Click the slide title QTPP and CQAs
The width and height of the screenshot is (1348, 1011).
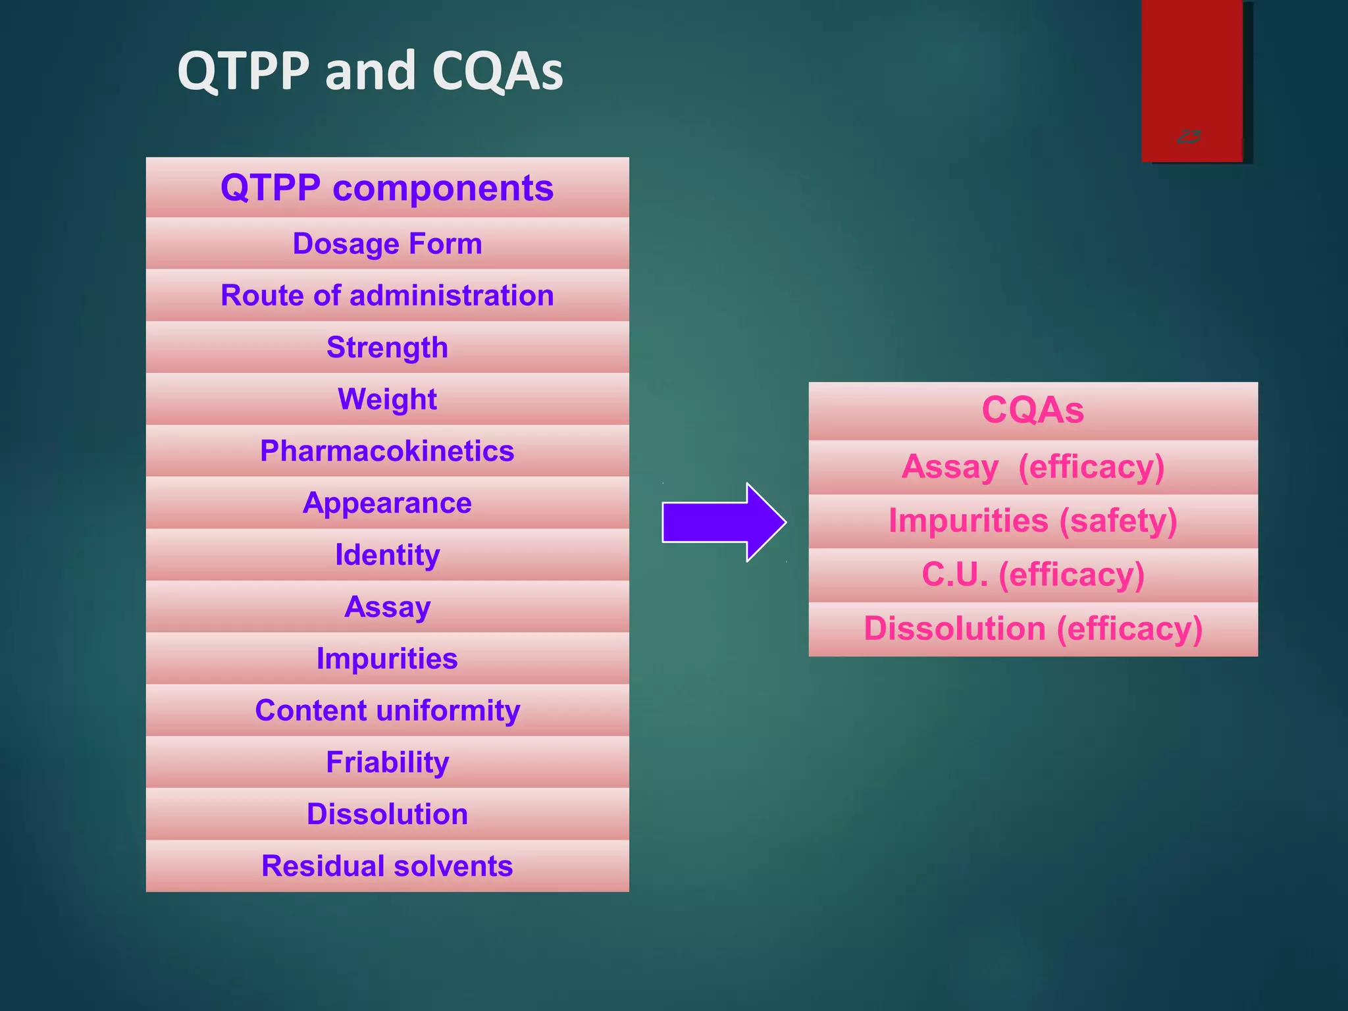(x=370, y=71)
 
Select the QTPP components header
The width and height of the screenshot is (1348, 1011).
(x=387, y=188)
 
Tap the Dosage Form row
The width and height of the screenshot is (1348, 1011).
(x=387, y=244)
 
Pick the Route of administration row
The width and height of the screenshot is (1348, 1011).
(x=387, y=296)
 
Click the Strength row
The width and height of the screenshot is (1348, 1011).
(x=387, y=348)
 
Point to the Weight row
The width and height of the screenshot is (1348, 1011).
(x=387, y=400)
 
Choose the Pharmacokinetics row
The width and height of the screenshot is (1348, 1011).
(x=387, y=452)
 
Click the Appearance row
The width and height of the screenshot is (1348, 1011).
(x=387, y=504)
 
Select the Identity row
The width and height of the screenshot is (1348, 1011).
(x=387, y=555)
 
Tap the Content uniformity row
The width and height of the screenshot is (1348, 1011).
(x=387, y=711)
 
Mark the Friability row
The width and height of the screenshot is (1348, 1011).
(x=387, y=763)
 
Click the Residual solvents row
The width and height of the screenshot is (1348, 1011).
(x=387, y=866)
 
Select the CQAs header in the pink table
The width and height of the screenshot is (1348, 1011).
(x=1033, y=411)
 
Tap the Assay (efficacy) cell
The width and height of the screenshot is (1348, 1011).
(x=1033, y=467)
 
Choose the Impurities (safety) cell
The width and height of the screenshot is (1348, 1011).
(x=1033, y=521)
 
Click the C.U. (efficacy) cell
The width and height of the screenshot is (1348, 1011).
(x=1033, y=575)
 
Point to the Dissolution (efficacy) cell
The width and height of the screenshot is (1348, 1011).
(x=1033, y=629)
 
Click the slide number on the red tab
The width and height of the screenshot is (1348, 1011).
(x=1189, y=137)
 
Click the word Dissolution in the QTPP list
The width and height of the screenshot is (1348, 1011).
(x=387, y=815)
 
